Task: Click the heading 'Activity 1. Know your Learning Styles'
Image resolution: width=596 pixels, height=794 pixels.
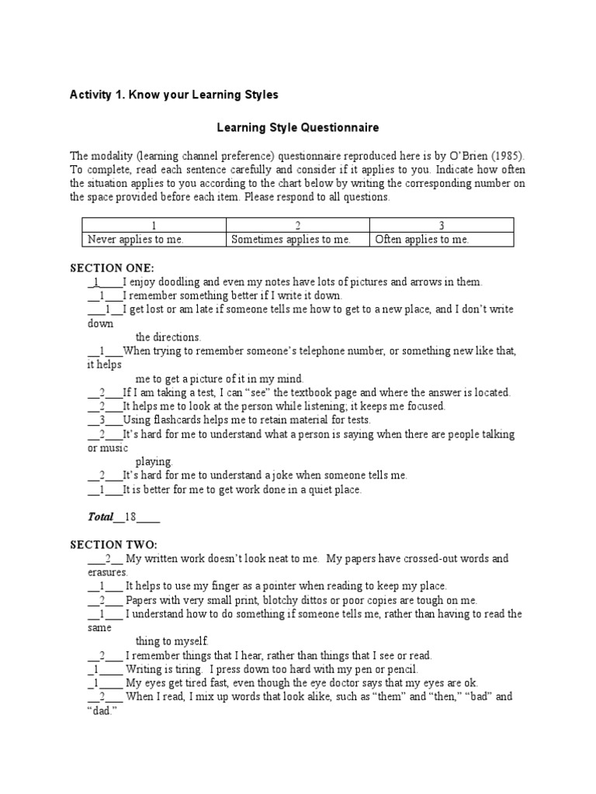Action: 174,95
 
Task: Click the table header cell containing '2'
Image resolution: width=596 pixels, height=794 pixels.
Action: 298,226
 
